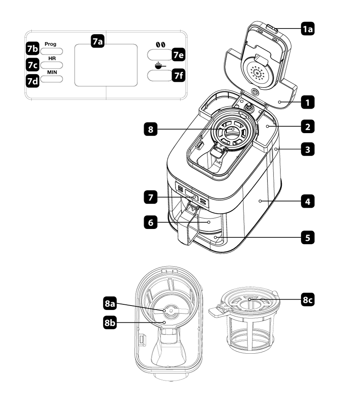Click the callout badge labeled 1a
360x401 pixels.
pos(307,29)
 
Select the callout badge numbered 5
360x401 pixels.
pos(307,237)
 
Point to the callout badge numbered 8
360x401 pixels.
pos(151,130)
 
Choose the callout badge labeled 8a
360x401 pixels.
pos(110,304)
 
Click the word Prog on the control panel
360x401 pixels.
pos(51,44)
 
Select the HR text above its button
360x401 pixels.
pos(51,58)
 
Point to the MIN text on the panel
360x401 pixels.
pos(51,72)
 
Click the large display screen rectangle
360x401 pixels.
pos(106,65)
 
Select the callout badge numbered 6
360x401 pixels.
pos(151,223)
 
